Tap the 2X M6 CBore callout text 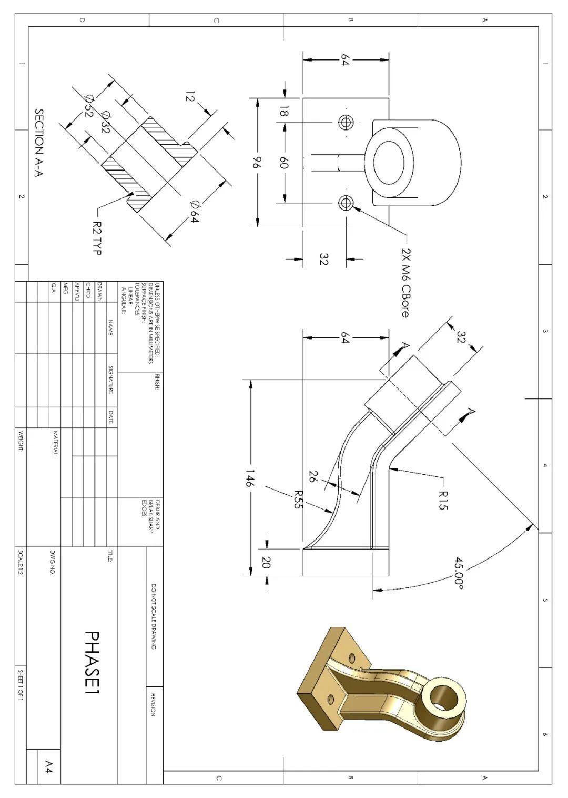pos(405,282)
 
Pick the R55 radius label pos(297,500)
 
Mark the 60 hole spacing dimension pos(284,163)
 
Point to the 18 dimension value pos(284,112)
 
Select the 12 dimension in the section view pos(190,97)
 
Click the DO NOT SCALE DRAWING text pos(154,616)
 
